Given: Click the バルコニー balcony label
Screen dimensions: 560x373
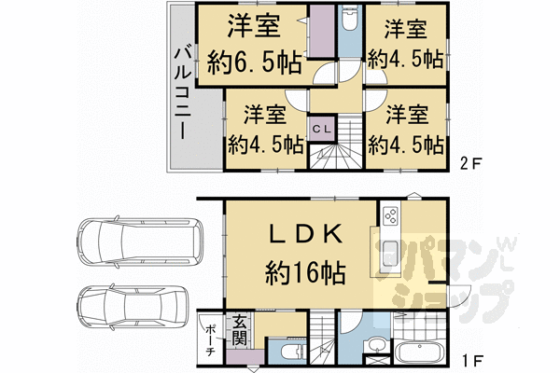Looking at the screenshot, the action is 183,93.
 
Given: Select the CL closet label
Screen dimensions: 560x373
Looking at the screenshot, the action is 322,130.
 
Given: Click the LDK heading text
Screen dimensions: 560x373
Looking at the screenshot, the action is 306,235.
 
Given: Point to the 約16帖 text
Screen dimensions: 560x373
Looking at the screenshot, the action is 305,273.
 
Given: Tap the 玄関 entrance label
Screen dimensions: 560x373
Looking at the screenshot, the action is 239,331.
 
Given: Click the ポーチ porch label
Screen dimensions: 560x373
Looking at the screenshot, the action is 210,341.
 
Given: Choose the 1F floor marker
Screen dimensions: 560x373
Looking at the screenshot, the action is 473,359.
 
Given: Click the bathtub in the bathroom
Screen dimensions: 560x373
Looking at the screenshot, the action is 421,352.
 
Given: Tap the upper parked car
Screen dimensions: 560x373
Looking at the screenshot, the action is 140,242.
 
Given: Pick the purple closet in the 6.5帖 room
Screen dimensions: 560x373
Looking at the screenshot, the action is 321,31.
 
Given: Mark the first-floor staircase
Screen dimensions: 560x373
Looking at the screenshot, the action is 322,338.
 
